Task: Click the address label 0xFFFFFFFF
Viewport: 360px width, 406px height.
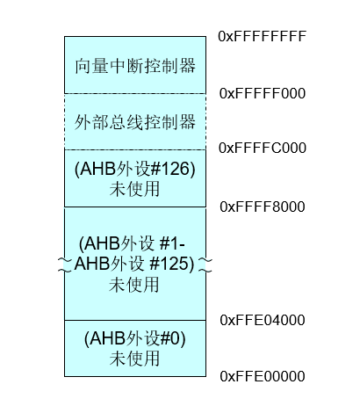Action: [x=262, y=37]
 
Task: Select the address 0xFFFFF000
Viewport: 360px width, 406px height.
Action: [x=262, y=92]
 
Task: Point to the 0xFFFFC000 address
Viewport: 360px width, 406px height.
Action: [x=262, y=148]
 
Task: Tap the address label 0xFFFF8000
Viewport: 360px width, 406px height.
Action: [x=262, y=207]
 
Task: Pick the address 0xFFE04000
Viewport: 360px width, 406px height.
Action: [x=262, y=319]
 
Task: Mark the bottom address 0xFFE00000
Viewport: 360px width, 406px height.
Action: [x=262, y=376]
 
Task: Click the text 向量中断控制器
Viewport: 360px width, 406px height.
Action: [x=135, y=65]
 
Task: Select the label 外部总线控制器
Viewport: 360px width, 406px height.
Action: [x=135, y=120]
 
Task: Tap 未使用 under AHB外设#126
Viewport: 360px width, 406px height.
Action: [x=135, y=186]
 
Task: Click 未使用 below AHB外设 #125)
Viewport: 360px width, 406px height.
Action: [x=135, y=285]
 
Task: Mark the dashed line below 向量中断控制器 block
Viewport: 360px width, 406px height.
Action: [x=135, y=93]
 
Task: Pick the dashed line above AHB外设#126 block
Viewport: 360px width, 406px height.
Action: [x=135, y=149]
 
